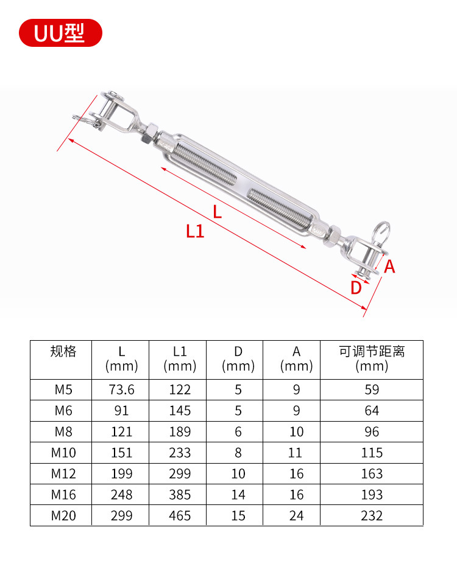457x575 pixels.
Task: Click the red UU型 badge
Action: (60, 33)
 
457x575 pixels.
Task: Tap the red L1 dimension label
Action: (195, 231)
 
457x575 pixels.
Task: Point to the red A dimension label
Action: (389, 266)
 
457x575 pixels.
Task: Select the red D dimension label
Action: (356, 288)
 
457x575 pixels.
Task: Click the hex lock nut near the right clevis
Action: (334, 234)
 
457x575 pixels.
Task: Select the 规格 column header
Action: (63, 352)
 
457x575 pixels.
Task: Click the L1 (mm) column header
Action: (180, 358)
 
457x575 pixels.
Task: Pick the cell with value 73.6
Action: (121, 390)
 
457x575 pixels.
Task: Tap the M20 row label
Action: (63, 515)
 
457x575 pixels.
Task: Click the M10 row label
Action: (63, 453)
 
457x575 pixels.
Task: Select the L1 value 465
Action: (180, 515)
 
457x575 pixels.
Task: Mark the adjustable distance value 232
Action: (372, 515)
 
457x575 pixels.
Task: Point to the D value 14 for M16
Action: (238, 495)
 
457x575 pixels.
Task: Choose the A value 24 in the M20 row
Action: (296, 515)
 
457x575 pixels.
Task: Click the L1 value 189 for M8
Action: (180, 432)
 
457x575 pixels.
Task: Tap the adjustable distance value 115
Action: (372, 453)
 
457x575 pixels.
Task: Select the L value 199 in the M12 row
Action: (121, 474)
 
